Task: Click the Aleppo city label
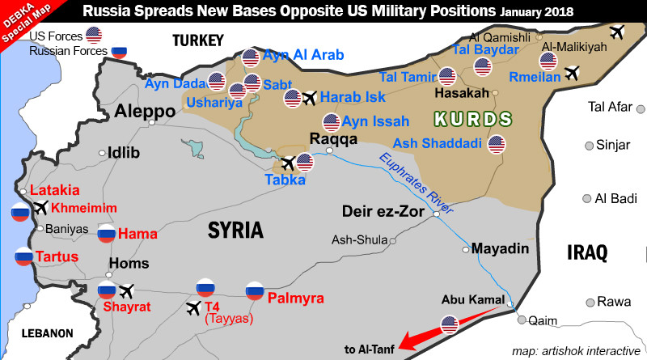click(146, 111)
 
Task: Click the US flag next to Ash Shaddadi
click(497, 145)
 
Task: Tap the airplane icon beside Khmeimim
click(40, 208)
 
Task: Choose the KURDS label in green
click(473, 120)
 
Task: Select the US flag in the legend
click(94, 35)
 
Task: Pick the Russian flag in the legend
click(120, 51)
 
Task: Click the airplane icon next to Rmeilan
click(573, 74)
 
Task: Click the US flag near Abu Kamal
click(450, 325)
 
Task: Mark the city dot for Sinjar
click(587, 146)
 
